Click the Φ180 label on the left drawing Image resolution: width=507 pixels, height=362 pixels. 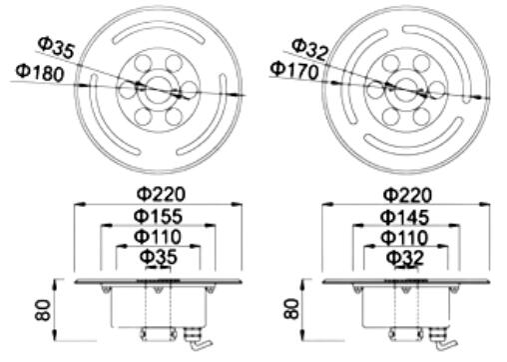point(40,73)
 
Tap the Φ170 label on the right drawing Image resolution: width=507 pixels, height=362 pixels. point(294,71)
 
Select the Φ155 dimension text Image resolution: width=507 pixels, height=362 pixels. point(158,216)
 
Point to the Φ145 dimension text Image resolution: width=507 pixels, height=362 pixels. point(404,217)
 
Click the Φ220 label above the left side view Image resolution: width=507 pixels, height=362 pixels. point(161,194)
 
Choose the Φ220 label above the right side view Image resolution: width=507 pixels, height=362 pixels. point(407,195)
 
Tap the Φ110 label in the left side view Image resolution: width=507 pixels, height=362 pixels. point(158,237)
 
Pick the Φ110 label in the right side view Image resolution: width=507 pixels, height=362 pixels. point(404,238)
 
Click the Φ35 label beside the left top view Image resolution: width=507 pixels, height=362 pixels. point(56,47)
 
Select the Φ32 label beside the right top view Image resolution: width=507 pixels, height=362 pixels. point(310,49)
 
